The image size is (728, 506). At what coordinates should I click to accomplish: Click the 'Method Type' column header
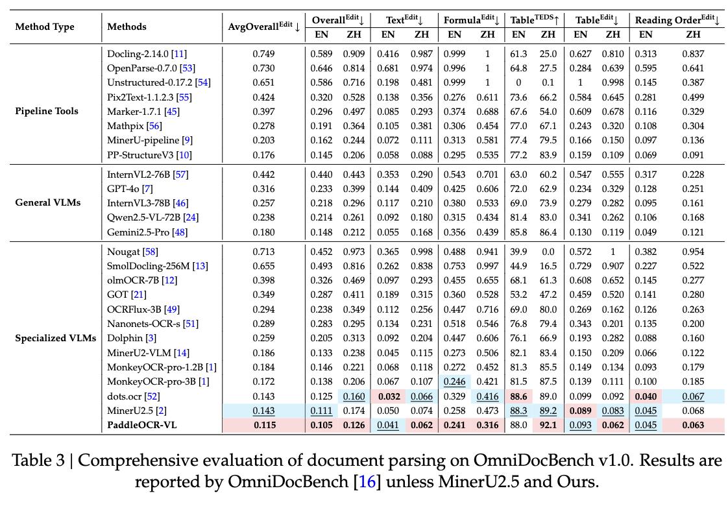click(x=44, y=27)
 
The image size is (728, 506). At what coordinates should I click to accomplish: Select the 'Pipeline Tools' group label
click(x=47, y=111)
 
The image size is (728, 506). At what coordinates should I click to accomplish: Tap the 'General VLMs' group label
click(x=48, y=202)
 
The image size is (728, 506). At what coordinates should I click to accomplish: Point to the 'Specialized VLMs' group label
click(x=56, y=338)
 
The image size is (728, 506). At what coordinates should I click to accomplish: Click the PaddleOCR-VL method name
click(x=142, y=425)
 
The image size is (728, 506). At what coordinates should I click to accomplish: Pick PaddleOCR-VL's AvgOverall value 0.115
click(x=263, y=425)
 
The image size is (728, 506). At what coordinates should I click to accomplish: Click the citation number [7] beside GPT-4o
click(x=148, y=189)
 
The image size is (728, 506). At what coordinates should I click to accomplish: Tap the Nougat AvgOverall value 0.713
click(x=263, y=252)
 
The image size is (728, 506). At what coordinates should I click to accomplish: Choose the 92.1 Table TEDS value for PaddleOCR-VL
click(x=548, y=425)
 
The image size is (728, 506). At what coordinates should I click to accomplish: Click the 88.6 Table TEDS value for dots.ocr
click(x=518, y=396)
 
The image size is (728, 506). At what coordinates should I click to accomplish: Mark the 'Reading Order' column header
click(x=668, y=20)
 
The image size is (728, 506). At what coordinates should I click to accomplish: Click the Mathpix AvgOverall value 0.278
click(x=263, y=126)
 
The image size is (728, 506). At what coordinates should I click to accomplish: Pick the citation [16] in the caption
click(x=367, y=482)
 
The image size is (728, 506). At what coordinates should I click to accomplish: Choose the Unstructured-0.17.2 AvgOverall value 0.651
click(x=263, y=82)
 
